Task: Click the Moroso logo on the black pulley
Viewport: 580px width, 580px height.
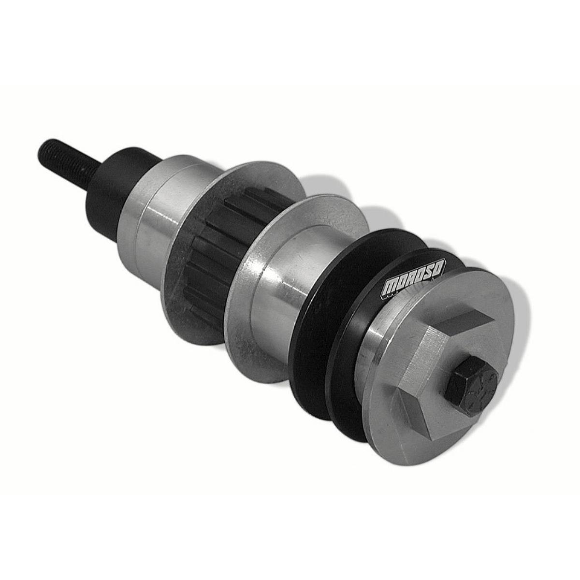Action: (x=414, y=280)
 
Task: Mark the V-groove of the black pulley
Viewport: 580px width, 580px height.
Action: (x=348, y=338)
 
